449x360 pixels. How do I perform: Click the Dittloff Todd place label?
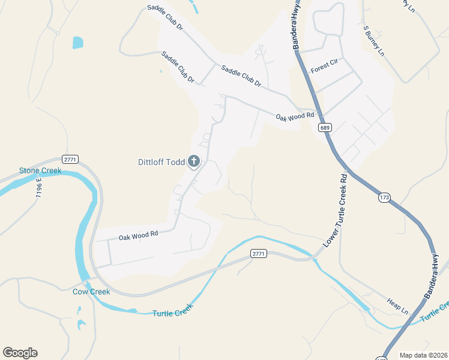click(161, 161)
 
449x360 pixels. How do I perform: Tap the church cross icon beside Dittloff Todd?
click(194, 161)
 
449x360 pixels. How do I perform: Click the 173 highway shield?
click(384, 197)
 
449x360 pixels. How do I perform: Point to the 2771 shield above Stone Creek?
click(70, 159)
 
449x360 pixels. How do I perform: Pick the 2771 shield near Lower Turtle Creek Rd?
click(258, 254)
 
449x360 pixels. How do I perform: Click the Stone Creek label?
click(40, 171)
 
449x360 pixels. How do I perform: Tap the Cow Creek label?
click(91, 292)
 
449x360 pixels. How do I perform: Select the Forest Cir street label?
click(324, 69)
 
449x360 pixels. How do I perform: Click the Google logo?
click(20, 353)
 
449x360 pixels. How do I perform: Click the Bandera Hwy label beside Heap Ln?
click(436, 276)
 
